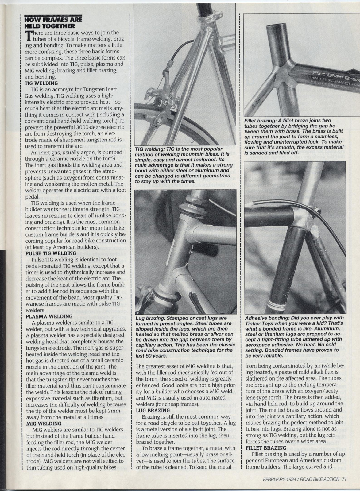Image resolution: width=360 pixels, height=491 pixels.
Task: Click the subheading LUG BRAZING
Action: pos(153,410)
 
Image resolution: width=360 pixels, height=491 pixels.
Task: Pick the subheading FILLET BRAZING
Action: pos(266,456)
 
